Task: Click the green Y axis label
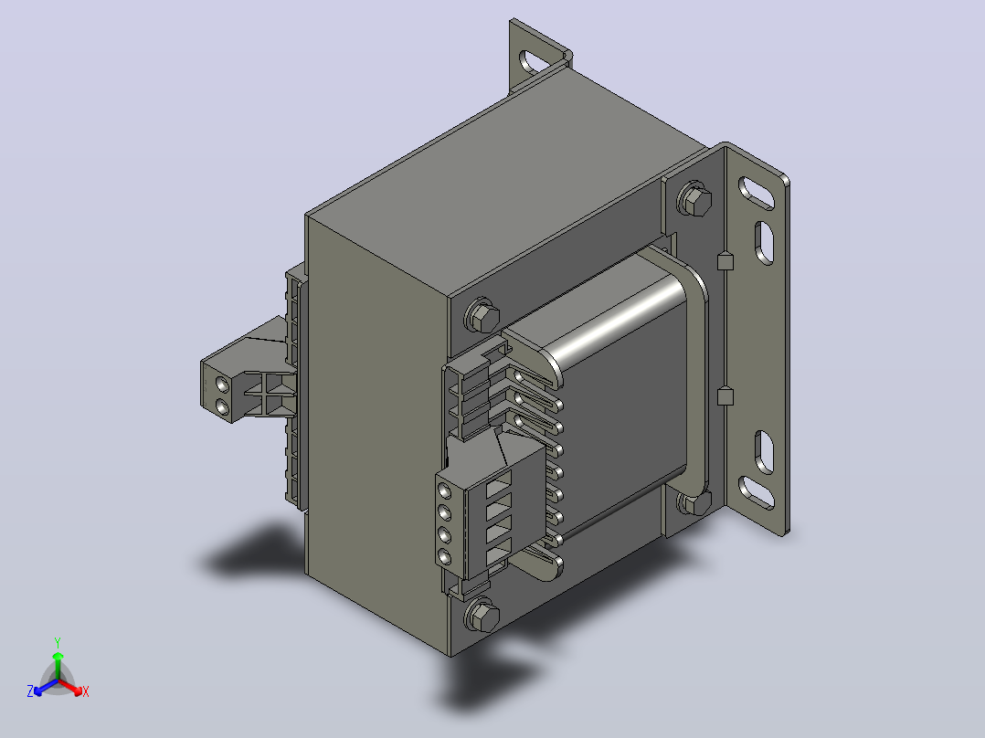(x=58, y=642)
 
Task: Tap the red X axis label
(x=86, y=691)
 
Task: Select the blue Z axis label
(x=30, y=691)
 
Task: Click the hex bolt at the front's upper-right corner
(x=694, y=200)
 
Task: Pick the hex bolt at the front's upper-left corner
(x=483, y=316)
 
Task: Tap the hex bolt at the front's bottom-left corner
(x=482, y=616)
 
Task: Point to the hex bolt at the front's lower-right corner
(x=694, y=503)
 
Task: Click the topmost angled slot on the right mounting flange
(x=756, y=192)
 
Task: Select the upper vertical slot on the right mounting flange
(x=764, y=242)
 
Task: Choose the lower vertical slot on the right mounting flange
(x=764, y=451)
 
